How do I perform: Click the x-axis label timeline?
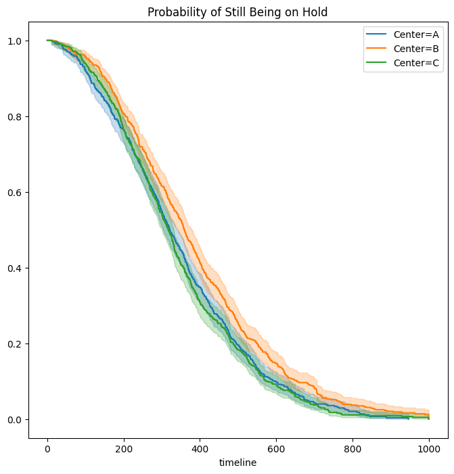[x=238, y=463]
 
